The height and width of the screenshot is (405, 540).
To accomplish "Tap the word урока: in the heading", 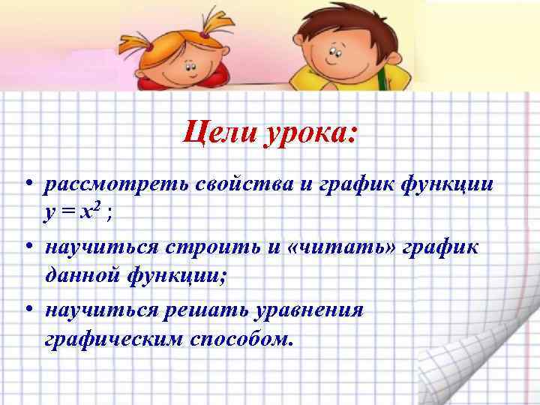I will pos(307,136).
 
